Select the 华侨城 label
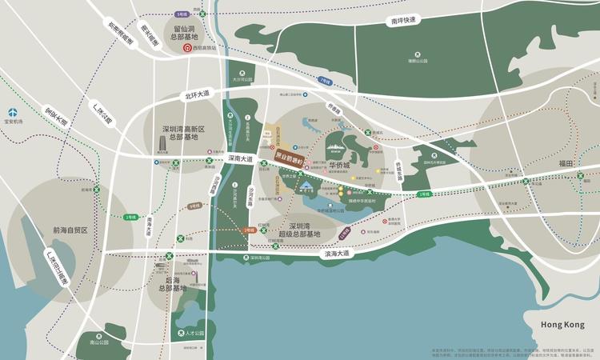(343, 166)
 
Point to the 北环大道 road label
(197, 94)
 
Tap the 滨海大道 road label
(337, 254)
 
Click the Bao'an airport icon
(14, 113)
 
